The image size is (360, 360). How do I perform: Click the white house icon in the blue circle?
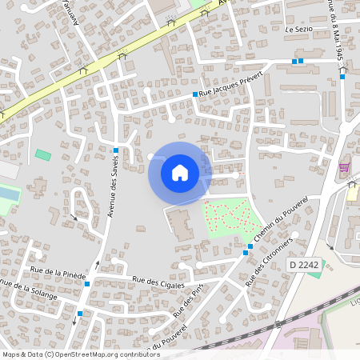click(x=180, y=172)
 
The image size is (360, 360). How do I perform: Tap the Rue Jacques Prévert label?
click(x=230, y=93)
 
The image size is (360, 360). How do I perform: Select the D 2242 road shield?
click(x=304, y=264)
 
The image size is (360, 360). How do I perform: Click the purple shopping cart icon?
click(x=345, y=167)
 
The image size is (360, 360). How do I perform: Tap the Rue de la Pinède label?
click(x=58, y=274)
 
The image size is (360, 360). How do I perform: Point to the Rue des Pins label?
click(x=183, y=304)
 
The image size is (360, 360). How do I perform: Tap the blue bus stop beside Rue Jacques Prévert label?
click(x=194, y=95)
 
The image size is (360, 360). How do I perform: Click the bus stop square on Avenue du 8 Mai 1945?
click(x=342, y=77)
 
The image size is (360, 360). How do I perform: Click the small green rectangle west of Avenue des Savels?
click(x=42, y=154)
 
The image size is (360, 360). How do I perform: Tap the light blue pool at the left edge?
click(x=7, y=194)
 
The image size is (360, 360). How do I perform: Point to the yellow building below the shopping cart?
click(x=352, y=192)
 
